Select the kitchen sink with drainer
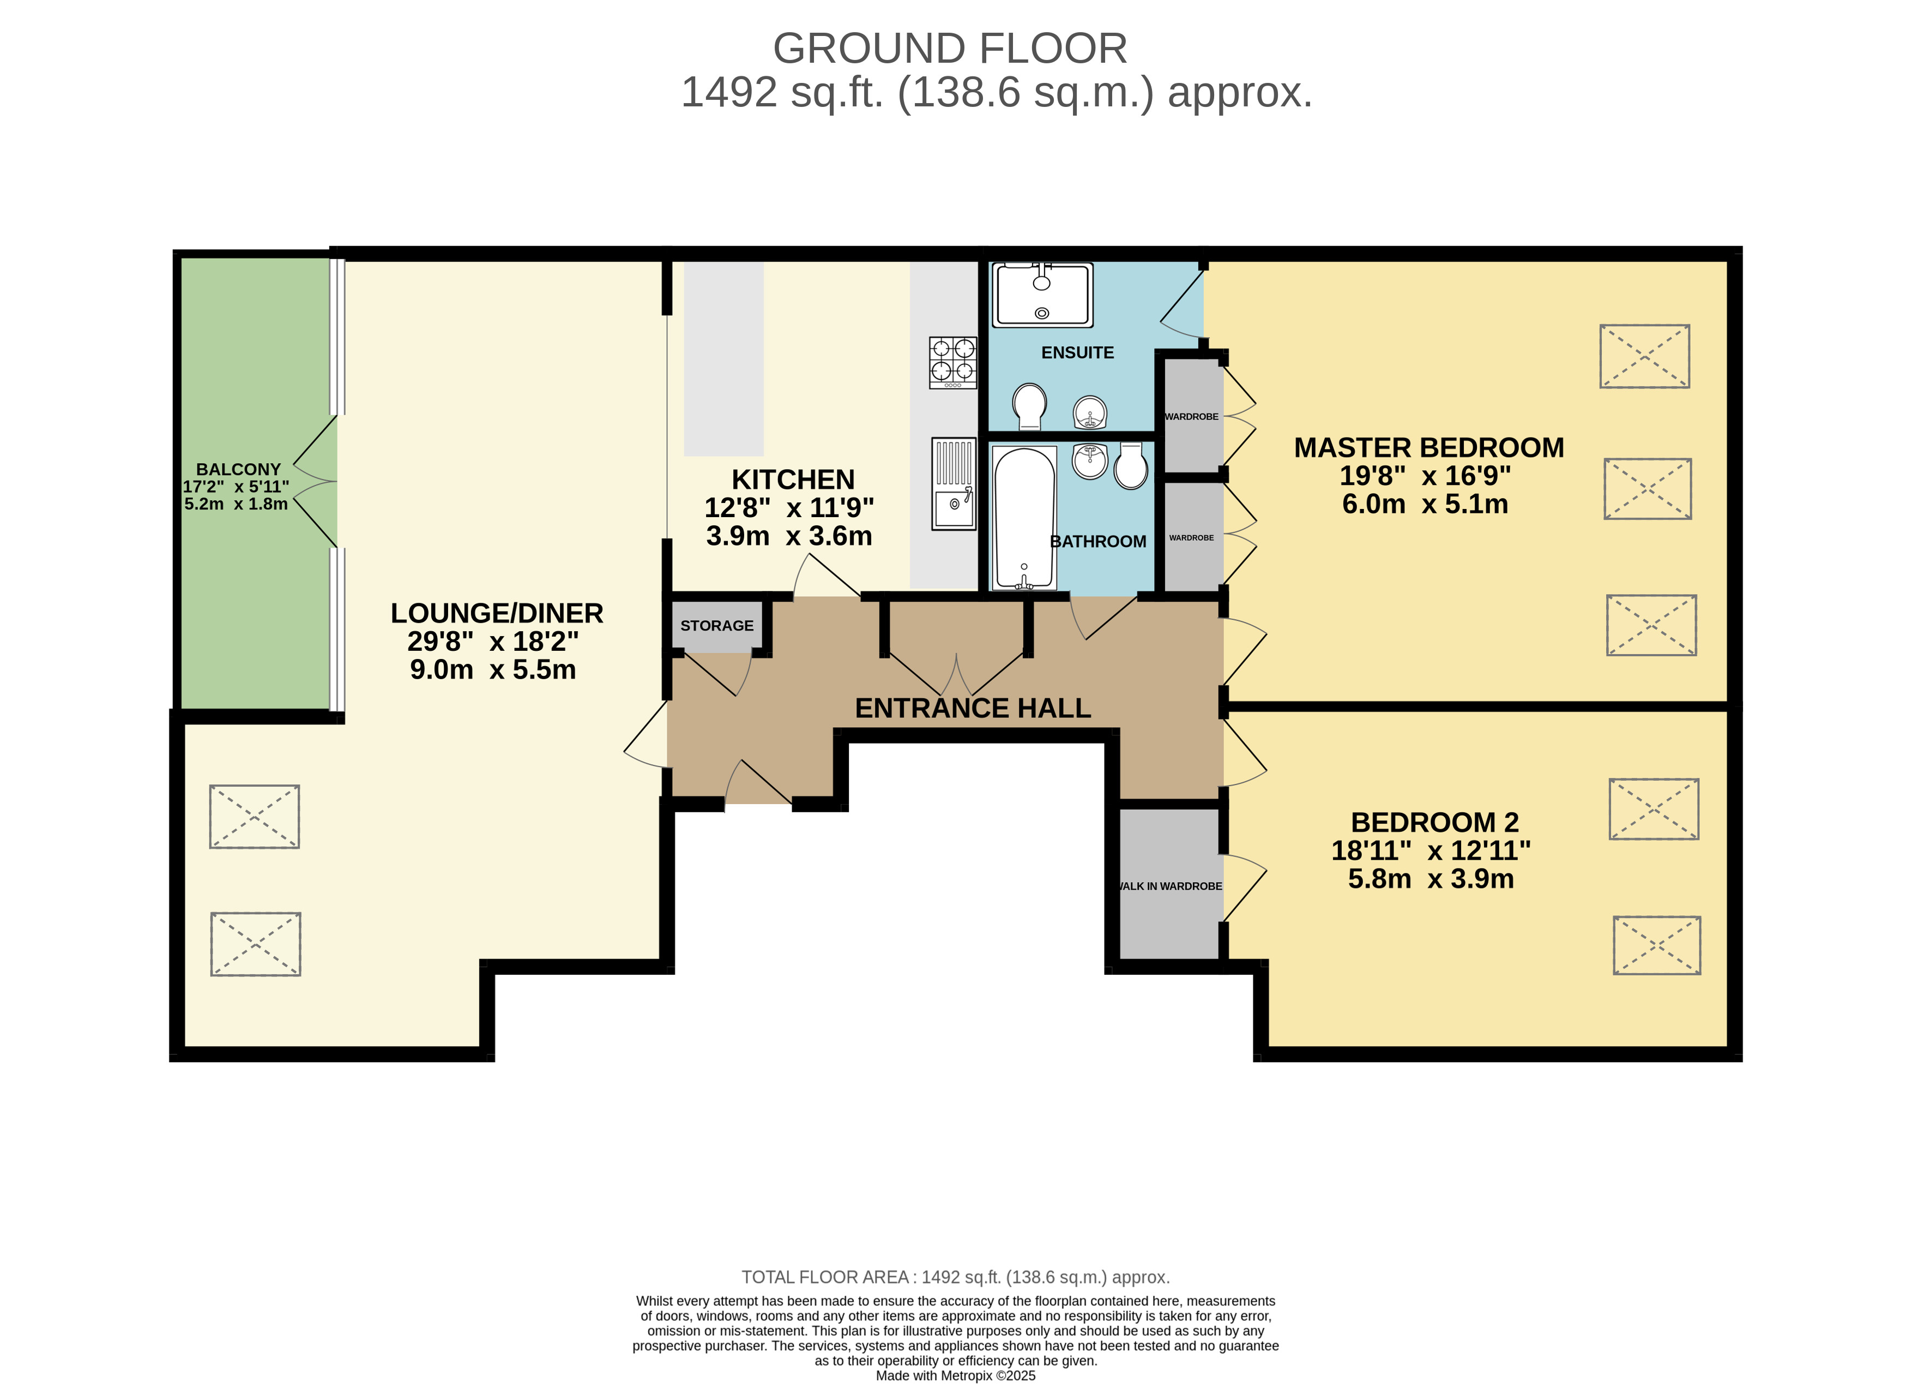point(954,483)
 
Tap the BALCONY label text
point(239,470)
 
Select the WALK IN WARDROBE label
point(1170,886)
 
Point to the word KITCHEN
point(793,480)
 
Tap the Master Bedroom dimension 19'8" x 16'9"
point(1426,476)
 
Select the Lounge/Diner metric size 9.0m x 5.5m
point(493,670)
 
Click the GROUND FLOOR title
point(950,49)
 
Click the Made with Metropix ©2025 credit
point(956,1376)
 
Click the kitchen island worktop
point(723,358)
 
